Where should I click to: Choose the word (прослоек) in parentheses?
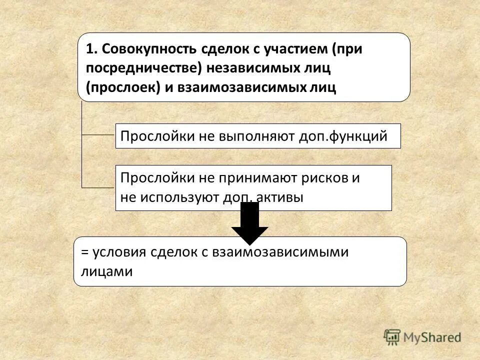click(x=122, y=87)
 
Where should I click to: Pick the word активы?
click(x=280, y=197)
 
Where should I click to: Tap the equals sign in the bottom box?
click(x=83, y=252)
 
